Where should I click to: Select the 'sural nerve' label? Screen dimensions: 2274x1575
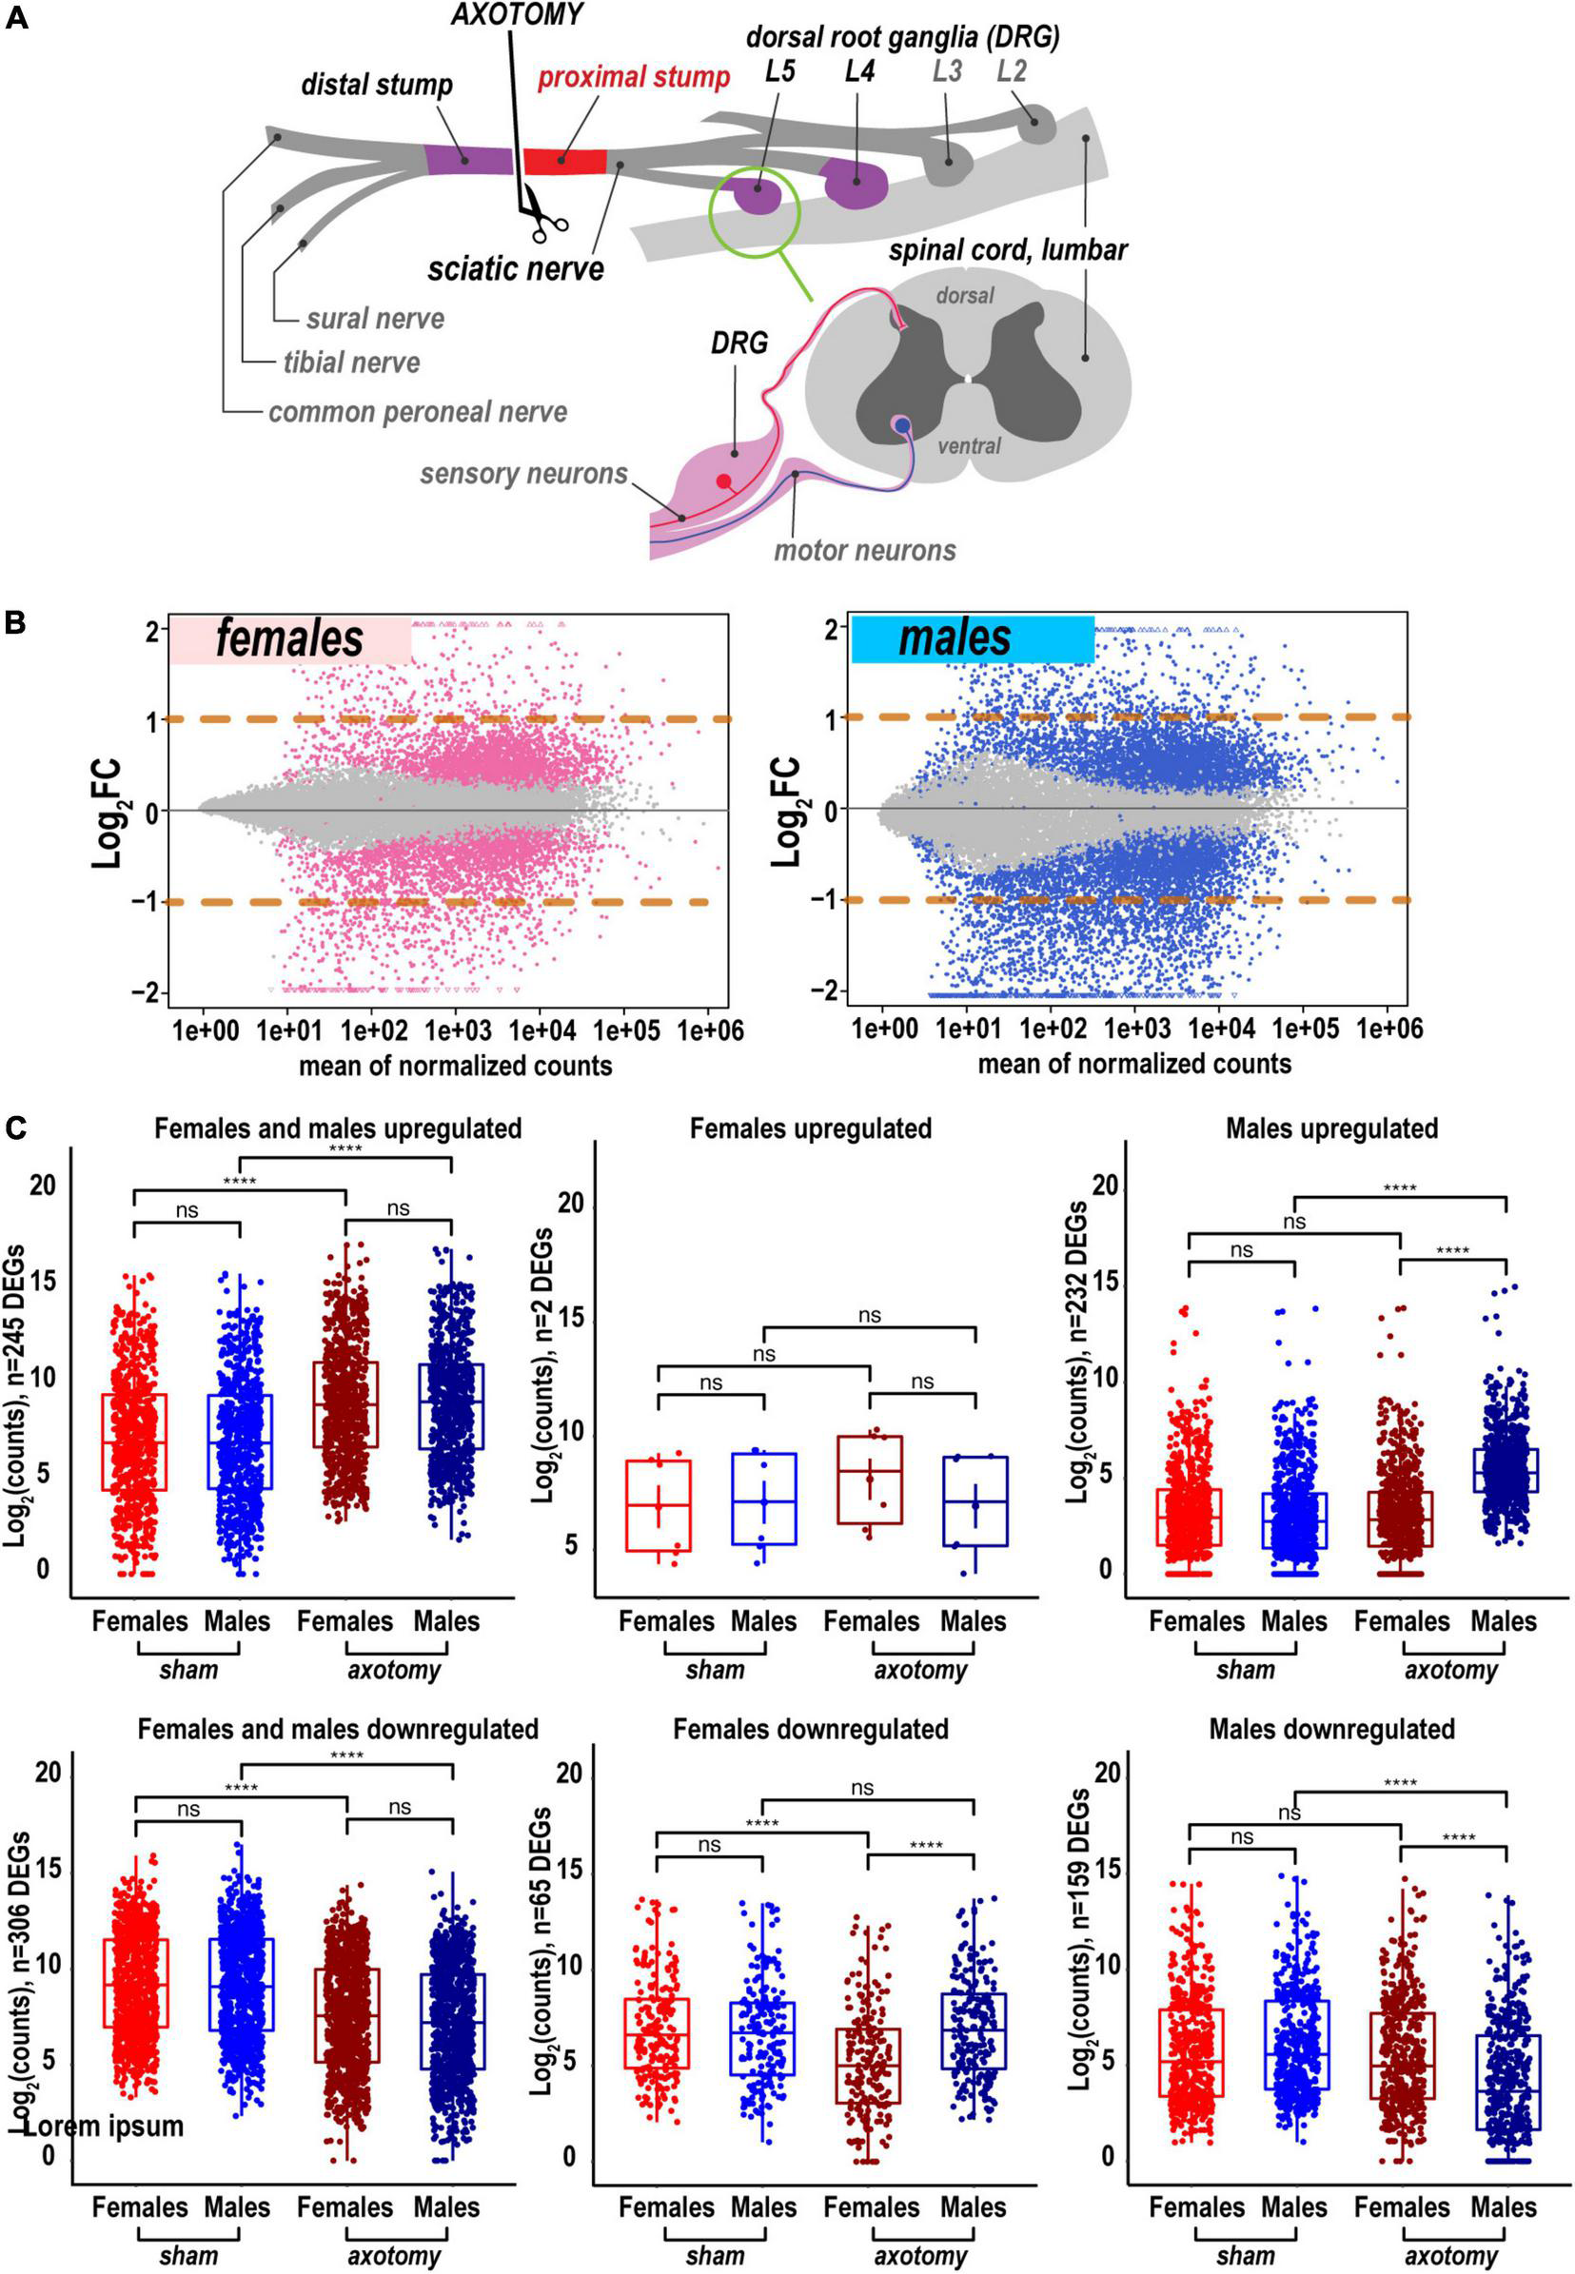(x=375, y=319)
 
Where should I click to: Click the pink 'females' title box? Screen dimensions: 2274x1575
(x=289, y=639)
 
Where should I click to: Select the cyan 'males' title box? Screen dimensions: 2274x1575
(x=972, y=638)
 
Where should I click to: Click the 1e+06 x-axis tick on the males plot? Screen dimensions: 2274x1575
(x=1388, y=1029)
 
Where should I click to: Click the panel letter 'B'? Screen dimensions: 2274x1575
(x=16, y=623)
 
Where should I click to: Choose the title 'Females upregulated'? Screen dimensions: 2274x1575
(x=810, y=1127)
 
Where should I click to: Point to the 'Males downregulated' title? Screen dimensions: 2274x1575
(x=1331, y=1729)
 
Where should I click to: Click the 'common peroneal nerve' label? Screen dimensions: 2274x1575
(x=418, y=411)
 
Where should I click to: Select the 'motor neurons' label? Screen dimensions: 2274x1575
(x=864, y=550)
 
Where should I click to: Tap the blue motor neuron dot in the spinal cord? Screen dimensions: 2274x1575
(x=902, y=424)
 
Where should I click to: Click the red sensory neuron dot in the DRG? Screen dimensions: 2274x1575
(x=724, y=481)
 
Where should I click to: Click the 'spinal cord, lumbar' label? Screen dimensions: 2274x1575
(x=1008, y=250)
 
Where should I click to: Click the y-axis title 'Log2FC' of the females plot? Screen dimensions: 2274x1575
(x=107, y=811)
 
